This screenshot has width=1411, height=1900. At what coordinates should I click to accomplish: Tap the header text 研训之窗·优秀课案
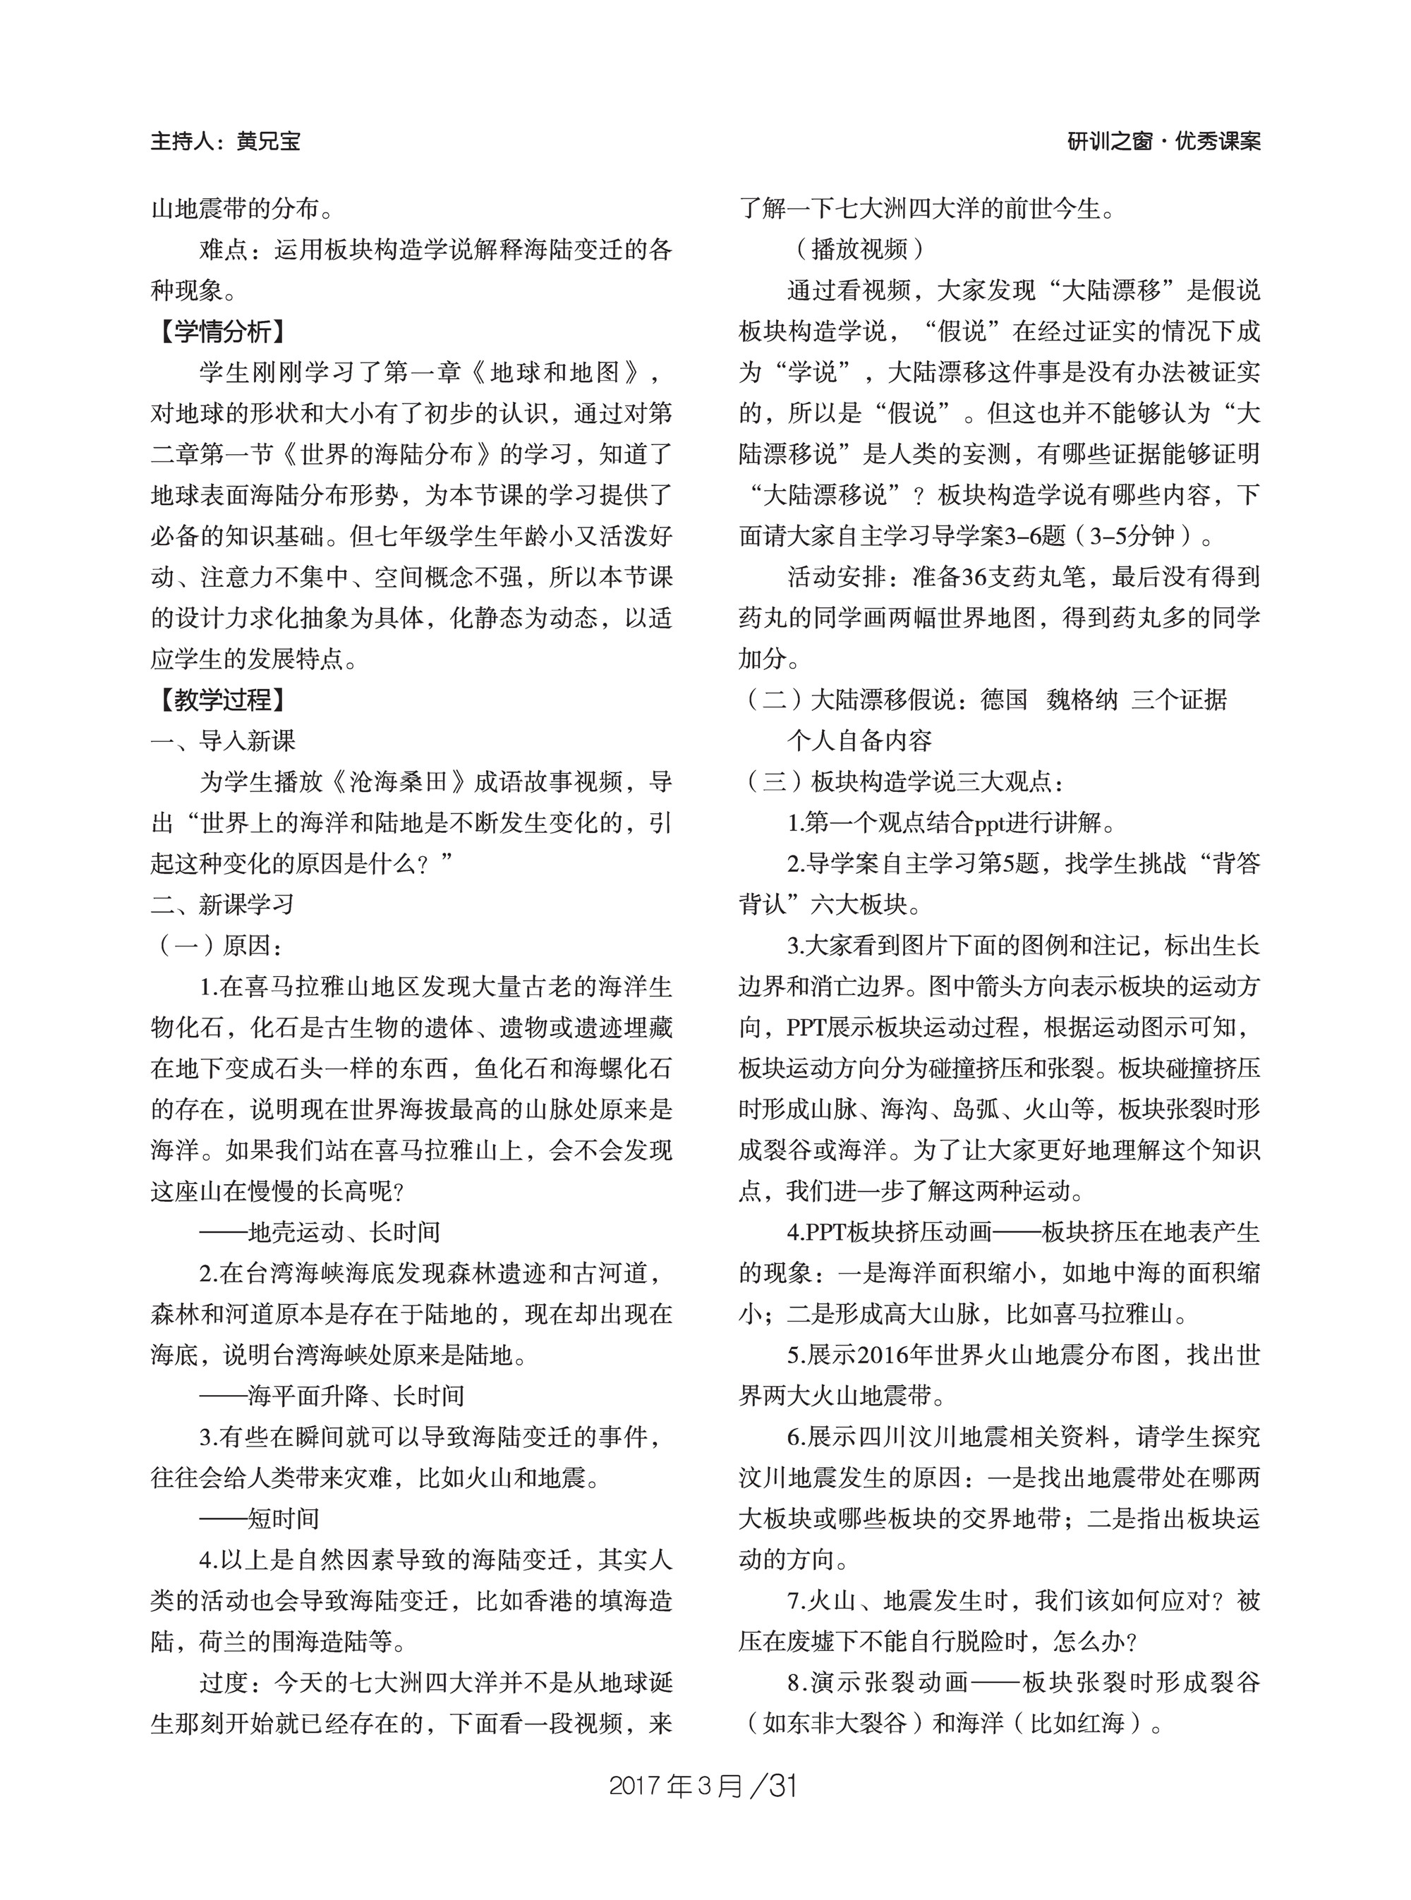click(1163, 142)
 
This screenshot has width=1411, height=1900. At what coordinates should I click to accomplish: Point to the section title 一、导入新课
click(223, 741)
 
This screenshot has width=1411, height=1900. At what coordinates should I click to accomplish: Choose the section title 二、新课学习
click(223, 904)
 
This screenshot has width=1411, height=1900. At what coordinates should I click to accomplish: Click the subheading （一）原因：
click(218, 945)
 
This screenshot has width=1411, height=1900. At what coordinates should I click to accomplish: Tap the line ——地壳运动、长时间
click(320, 1231)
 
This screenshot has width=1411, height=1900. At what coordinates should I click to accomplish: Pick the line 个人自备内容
click(859, 741)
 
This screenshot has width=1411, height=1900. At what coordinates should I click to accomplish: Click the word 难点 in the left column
click(224, 250)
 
